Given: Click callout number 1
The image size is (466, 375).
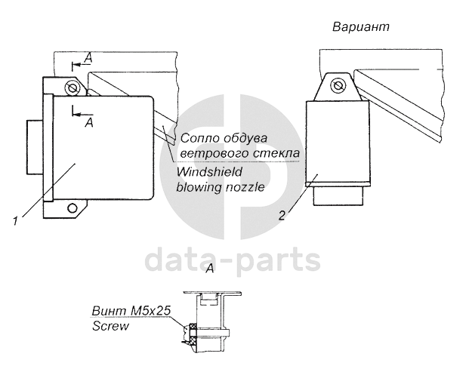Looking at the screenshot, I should tap(15, 221).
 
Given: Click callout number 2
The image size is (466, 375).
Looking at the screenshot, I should tap(281, 214).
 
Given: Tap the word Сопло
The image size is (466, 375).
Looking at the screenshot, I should tap(198, 139).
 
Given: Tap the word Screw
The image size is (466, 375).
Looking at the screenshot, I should tap(109, 327).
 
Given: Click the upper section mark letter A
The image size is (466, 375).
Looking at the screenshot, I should tap(89, 58).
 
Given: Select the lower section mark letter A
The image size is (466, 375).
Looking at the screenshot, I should tap(89, 121).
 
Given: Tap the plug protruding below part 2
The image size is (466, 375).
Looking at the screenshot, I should tap(339, 197).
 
